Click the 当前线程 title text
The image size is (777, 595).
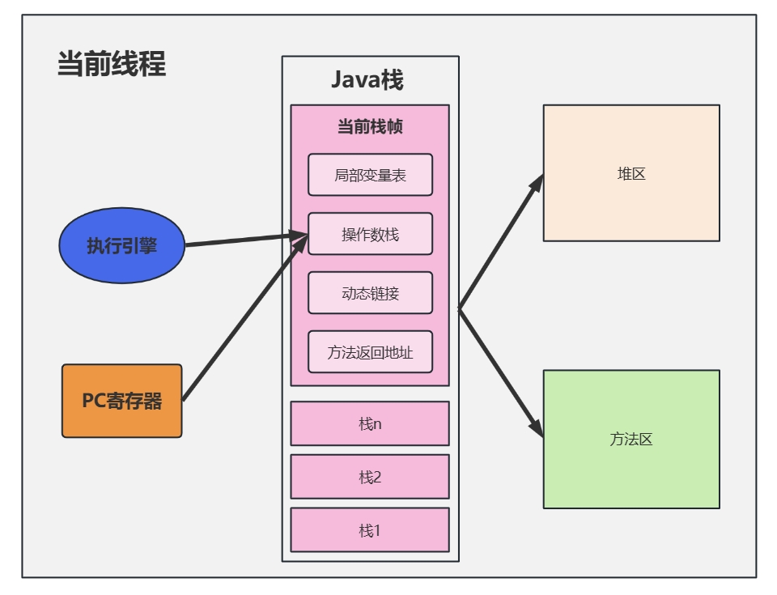112,64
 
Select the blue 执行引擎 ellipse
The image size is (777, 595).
122,246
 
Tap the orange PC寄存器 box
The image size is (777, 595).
122,401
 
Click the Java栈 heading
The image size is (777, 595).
367,80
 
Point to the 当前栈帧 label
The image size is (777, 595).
370,127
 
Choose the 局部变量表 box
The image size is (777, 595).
370,175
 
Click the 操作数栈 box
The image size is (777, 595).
370,234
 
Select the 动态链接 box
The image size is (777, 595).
370,293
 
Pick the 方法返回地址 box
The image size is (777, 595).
370,352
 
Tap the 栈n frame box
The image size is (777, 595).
370,423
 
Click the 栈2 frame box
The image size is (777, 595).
370,477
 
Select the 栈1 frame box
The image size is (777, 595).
370,530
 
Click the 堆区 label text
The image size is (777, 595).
631,173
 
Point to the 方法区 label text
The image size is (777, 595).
631,440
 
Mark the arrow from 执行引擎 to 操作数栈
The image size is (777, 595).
243,240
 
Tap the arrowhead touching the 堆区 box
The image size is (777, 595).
535,184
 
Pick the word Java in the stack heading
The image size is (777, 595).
356,80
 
